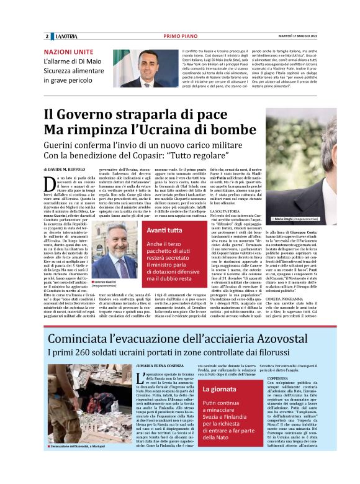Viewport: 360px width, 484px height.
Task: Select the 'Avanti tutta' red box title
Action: point(148,230)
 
